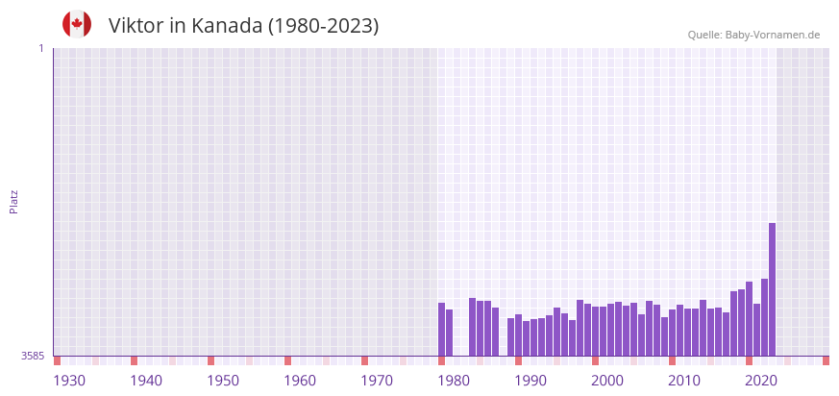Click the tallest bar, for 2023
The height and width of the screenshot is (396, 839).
[772, 288]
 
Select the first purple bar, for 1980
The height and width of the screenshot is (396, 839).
[441, 329]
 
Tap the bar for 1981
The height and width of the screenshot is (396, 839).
[449, 333]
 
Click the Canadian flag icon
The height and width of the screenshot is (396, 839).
[77, 24]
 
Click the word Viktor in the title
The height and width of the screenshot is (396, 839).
[136, 26]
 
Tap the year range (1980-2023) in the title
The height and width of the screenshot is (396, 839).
[324, 26]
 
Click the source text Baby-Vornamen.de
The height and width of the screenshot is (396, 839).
[772, 35]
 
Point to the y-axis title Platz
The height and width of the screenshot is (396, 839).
[14, 201]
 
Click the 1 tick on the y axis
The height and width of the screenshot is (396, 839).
[40, 48]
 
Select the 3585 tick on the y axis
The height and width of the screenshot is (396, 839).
[33, 356]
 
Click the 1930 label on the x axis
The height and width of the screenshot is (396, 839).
[69, 381]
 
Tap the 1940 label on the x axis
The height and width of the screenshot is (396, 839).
[146, 381]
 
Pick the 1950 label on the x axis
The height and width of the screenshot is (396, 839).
[223, 381]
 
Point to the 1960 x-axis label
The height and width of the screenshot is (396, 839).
[300, 381]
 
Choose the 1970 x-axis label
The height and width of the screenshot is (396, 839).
[377, 381]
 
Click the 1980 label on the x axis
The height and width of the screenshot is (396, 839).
[454, 381]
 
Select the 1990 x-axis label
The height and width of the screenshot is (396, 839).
[531, 381]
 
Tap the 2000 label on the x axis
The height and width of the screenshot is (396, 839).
[607, 381]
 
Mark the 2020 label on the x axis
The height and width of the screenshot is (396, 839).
[761, 381]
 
